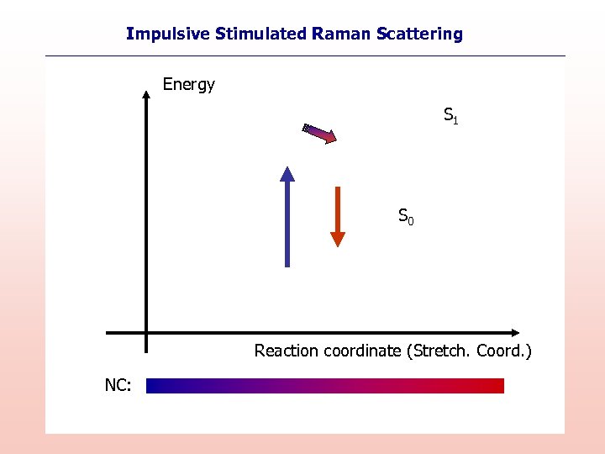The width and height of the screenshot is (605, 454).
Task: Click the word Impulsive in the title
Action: pos(168,34)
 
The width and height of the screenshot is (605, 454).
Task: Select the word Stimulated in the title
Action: pos(260,34)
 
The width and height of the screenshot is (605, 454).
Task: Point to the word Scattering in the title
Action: pos(419,34)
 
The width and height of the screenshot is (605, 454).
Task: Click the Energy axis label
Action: pos(188,84)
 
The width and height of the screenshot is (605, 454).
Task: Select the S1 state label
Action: pos(450,115)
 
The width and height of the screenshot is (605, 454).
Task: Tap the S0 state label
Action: pos(405,216)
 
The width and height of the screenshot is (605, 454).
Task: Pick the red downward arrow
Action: pos(337,210)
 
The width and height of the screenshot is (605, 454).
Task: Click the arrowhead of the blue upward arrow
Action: pos(287,173)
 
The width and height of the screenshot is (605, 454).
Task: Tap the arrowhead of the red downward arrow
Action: pos(337,239)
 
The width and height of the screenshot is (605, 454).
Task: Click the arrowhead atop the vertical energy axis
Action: pos(146,92)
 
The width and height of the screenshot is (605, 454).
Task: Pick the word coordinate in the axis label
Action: pos(359,351)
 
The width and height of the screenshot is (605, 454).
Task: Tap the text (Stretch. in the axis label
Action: pos(438,351)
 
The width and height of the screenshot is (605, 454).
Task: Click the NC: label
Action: pos(118,385)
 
